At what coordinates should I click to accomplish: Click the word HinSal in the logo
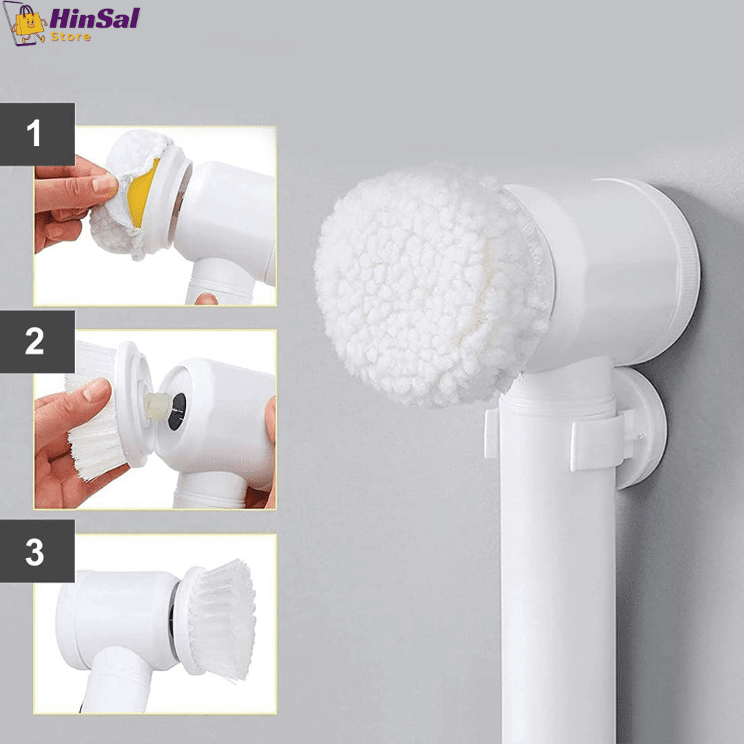click(x=94, y=19)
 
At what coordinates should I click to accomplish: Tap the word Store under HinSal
click(x=71, y=37)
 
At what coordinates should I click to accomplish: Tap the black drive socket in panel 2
click(x=177, y=411)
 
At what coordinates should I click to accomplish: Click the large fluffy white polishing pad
click(x=429, y=285)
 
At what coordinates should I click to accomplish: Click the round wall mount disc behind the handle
click(x=641, y=427)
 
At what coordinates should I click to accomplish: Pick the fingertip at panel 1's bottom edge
click(x=207, y=299)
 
